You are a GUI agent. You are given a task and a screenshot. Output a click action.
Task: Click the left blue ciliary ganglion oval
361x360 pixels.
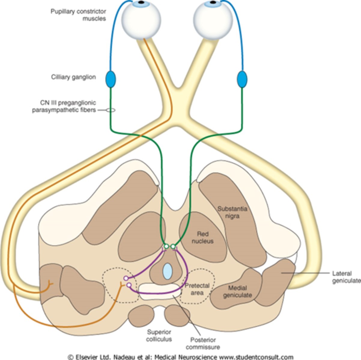110,79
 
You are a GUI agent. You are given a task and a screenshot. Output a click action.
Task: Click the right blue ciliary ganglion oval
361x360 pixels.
242,79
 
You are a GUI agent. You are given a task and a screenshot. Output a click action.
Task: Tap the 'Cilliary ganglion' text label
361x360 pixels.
73,77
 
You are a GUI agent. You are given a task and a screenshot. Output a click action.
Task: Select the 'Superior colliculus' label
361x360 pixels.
159,335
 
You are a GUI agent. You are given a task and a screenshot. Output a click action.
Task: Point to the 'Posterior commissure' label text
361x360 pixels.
203,343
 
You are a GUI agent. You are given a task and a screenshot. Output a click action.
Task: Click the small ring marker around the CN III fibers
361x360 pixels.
110,110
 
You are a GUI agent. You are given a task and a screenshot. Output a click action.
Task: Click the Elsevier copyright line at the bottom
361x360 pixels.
180,357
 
